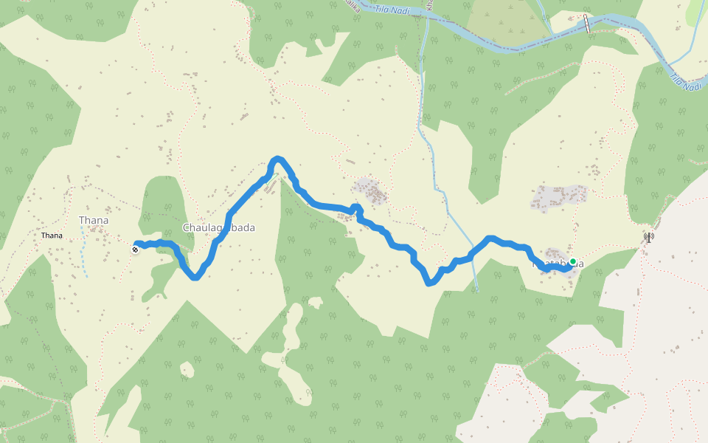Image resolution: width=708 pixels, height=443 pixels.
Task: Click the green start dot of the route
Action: point(572,261)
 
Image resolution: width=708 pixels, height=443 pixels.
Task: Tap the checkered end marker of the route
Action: point(136,250)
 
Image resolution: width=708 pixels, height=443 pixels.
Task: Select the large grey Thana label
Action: point(94,220)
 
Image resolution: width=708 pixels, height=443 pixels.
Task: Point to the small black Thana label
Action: point(52,236)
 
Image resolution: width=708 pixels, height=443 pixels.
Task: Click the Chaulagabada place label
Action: point(218,227)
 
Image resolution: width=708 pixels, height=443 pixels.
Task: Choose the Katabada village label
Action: point(558,264)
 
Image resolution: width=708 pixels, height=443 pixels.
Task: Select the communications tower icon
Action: point(648,238)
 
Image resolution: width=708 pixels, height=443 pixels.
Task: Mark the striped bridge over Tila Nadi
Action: point(588,24)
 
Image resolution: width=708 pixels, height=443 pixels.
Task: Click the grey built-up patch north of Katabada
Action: point(559,197)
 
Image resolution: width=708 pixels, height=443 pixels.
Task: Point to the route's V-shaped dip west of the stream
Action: point(429,283)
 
